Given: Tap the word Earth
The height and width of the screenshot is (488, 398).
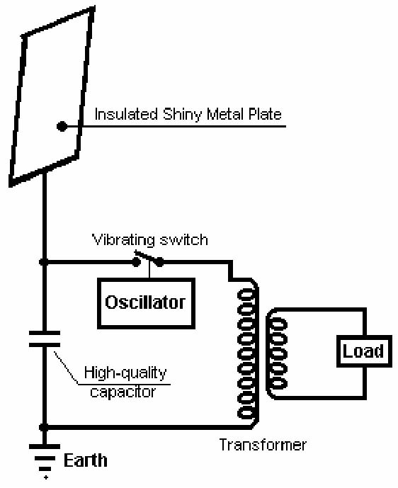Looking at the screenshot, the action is (86, 460).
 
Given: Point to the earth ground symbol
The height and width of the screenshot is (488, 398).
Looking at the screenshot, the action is (45, 458).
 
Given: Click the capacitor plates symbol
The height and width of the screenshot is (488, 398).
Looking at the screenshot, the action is (45, 339).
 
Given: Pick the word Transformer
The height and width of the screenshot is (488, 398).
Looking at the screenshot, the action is (263, 445).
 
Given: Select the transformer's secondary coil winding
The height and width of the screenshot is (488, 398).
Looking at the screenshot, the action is (277, 353).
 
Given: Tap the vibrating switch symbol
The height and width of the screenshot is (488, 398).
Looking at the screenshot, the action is (148, 259).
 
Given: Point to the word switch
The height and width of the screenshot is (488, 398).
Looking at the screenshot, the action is (183, 239).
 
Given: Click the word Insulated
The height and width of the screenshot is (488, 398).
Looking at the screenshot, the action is (126, 114).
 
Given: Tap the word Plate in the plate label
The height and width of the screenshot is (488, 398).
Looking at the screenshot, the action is (265, 114).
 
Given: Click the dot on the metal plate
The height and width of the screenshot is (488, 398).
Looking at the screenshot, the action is (62, 126).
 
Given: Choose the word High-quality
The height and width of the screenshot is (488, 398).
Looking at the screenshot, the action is (125, 373).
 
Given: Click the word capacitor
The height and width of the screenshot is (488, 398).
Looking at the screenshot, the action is (123, 392).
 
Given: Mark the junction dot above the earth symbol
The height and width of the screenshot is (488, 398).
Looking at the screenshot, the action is (44, 427).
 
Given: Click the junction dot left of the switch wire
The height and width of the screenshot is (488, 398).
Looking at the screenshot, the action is (44, 262).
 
